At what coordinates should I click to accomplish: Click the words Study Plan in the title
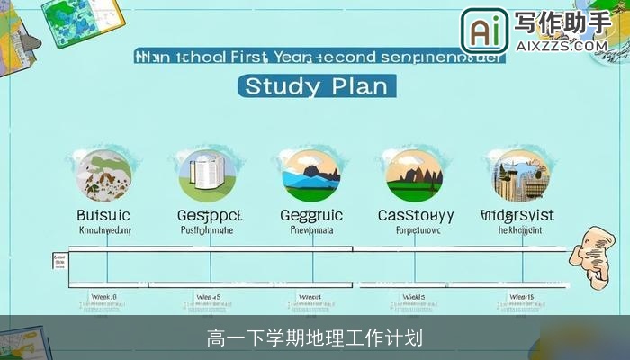[316, 86]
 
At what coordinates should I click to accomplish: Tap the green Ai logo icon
[484, 31]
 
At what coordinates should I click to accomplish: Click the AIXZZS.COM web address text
[561, 44]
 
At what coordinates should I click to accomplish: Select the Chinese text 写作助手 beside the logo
[561, 22]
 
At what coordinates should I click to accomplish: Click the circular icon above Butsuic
[103, 175]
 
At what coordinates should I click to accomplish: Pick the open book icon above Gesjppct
[208, 175]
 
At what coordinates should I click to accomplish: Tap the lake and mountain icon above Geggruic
[311, 175]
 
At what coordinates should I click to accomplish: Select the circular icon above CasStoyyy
[415, 175]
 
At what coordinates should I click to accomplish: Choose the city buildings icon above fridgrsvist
[517, 175]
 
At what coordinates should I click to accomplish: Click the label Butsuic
[103, 216]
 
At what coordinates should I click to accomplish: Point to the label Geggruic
[311, 216]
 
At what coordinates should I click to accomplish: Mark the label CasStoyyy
[415, 216]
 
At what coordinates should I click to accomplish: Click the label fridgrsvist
[517, 216]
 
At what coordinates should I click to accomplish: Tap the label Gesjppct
[210, 216]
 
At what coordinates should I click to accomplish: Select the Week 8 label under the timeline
[104, 296]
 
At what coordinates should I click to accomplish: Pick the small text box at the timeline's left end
[60, 261]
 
